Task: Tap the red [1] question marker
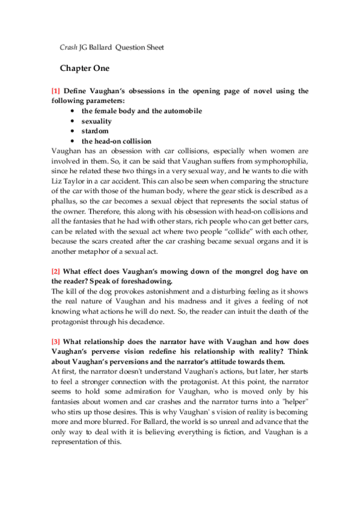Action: [x=56, y=91]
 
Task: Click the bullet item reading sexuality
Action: [x=97, y=121]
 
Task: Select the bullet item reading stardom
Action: [x=95, y=131]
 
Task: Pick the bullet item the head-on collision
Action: [x=117, y=141]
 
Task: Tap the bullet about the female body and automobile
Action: [x=142, y=111]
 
